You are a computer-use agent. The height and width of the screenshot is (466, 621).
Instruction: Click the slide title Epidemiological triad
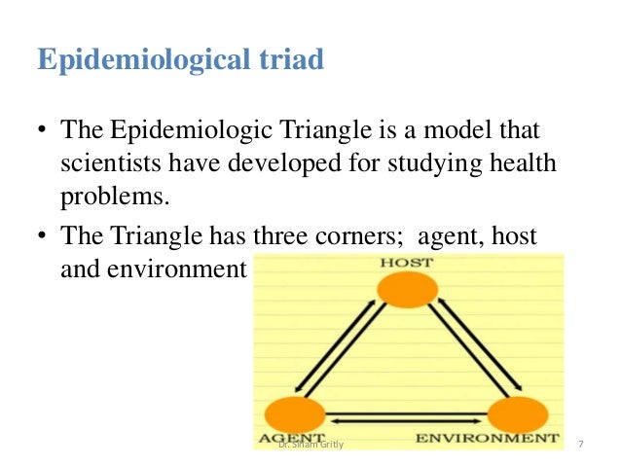[x=180, y=60]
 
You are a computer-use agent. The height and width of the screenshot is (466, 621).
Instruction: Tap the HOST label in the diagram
[x=408, y=264]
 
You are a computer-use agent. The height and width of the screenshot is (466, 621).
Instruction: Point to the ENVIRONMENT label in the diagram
[x=488, y=439]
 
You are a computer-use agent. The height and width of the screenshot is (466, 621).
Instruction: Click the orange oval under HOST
[x=408, y=290]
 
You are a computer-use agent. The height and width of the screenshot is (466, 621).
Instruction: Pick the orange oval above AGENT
[x=294, y=413]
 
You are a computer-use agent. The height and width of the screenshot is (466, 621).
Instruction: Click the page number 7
[x=580, y=445]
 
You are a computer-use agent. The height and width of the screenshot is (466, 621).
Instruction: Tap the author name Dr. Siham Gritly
[x=310, y=445]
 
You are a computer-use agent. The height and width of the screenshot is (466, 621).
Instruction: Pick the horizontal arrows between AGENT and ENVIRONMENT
[x=407, y=420]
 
